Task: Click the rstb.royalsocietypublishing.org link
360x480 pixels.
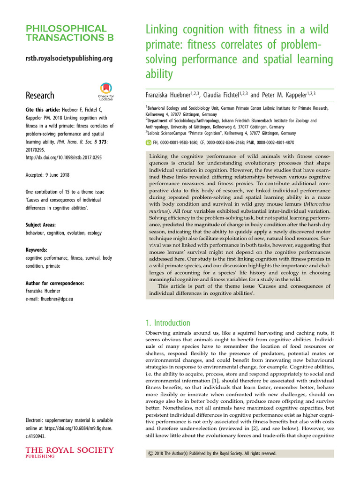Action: point(69,59)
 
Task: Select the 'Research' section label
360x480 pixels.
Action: point(40,96)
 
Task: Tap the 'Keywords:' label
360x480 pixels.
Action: point(37,250)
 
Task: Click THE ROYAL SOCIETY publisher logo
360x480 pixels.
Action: point(70,453)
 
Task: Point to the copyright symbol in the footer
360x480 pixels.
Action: point(150,454)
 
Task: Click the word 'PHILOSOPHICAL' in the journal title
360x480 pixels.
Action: point(66,29)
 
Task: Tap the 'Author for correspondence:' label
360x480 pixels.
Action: point(55,283)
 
